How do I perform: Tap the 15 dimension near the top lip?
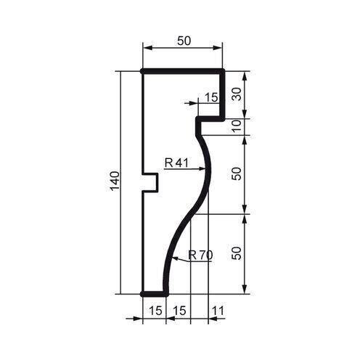click(211, 97)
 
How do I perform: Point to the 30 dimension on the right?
click(237, 94)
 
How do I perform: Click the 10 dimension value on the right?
click(237, 126)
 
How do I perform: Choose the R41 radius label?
click(176, 163)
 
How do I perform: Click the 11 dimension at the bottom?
click(217, 310)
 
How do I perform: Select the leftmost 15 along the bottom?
click(155, 310)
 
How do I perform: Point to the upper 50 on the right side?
click(237, 174)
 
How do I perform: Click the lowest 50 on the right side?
click(237, 254)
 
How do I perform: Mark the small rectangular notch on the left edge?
click(151, 182)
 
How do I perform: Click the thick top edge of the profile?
click(181, 72)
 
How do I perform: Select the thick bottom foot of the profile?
click(154, 293)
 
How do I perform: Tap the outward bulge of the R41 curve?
click(208, 168)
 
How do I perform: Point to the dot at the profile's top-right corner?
click(222, 72)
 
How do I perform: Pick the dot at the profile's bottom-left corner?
click(143, 293)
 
